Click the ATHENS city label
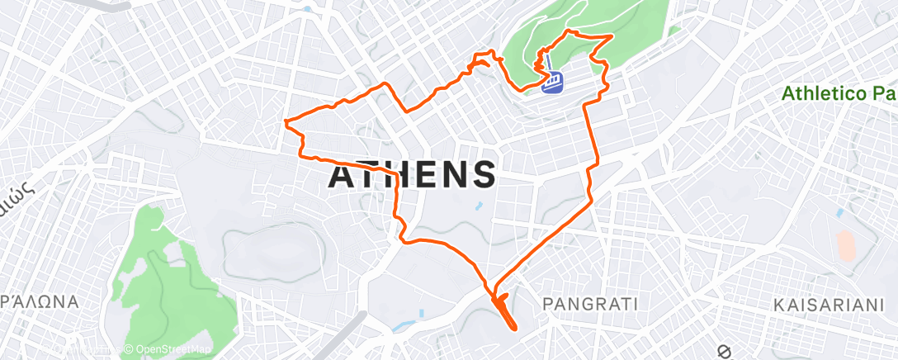click(413, 176)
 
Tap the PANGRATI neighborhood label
click(591, 305)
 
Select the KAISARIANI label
click(829, 306)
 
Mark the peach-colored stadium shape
click(846, 246)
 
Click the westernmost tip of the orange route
click(285, 123)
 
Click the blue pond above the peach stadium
click(839, 213)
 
